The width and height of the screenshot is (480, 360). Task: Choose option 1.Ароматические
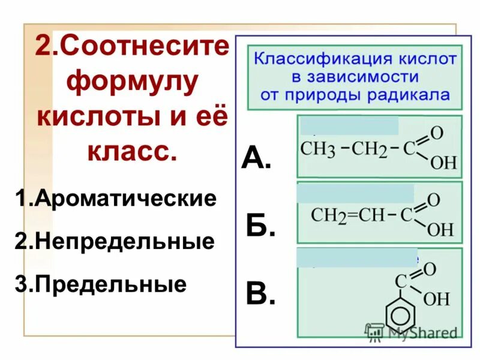116,199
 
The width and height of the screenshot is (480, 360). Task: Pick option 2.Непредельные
115,241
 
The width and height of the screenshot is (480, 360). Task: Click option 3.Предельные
101,284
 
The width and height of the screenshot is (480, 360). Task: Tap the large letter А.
256,158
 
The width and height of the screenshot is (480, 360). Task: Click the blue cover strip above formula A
349,126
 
